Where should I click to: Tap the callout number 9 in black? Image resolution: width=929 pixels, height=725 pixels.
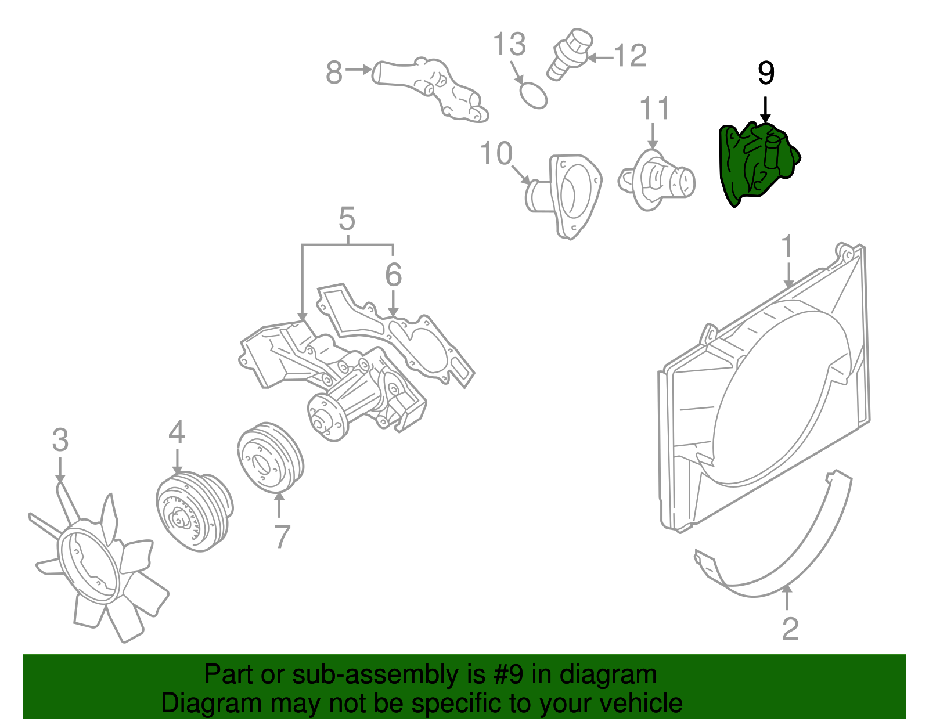[766, 74]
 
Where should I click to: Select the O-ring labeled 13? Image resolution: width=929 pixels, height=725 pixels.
[532, 95]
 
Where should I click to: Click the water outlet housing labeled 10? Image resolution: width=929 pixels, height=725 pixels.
[566, 194]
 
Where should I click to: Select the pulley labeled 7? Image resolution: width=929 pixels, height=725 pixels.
[270, 458]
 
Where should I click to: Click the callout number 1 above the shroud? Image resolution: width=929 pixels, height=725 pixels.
[787, 246]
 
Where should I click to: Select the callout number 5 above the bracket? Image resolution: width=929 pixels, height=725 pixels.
[347, 219]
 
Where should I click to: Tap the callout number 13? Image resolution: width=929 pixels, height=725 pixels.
[509, 45]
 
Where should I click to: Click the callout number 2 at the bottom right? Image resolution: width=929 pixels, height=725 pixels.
[790, 629]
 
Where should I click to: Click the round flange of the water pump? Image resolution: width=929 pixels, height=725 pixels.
[326, 417]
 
